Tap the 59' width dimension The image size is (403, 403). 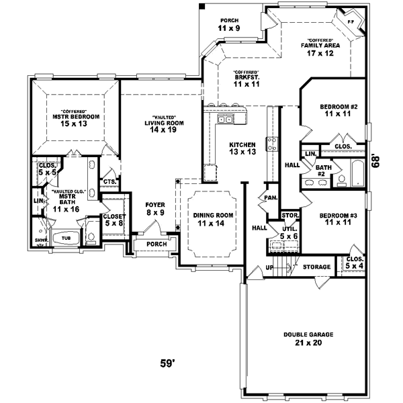click(x=168, y=364)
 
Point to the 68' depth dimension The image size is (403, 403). click(x=377, y=162)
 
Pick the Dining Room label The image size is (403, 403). click(x=213, y=220)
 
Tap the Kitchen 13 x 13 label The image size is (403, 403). click(x=242, y=148)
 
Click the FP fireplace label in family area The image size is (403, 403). click(x=351, y=21)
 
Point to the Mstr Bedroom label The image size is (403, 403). click(x=76, y=120)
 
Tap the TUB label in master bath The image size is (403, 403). click(x=66, y=238)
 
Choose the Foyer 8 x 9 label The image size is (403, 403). click(x=155, y=208)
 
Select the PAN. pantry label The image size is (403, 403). click(x=271, y=197)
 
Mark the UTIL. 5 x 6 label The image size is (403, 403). click(x=289, y=232)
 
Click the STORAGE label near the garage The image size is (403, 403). click(x=316, y=267)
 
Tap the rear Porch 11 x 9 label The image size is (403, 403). click(x=229, y=25)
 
